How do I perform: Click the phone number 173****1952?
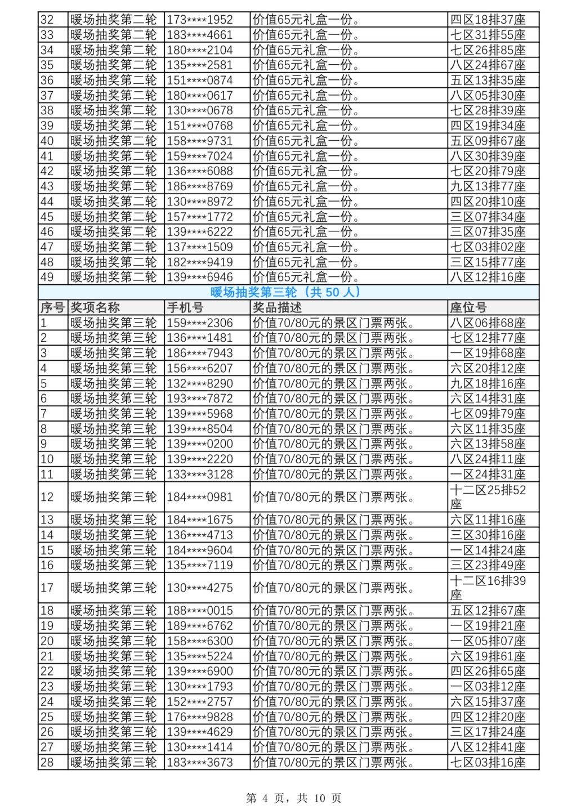pyautogui.click(x=199, y=20)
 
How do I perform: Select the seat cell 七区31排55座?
pyautogui.click(x=488, y=35)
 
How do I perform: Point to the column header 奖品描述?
pyautogui.click(x=277, y=307)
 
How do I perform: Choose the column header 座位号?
pyautogui.click(x=468, y=307)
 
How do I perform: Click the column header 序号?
pyautogui.click(x=52, y=307)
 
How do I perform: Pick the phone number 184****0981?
pyautogui.click(x=199, y=497)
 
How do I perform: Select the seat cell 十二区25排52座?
pyautogui.click(x=488, y=497)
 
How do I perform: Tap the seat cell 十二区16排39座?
pyautogui.click(x=488, y=588)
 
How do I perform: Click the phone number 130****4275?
pyautogui.click(x=199, y=588)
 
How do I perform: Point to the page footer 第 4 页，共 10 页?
pyautogui.click(x=293, y=798)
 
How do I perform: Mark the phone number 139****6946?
pyautogui.click(x=199, y=277)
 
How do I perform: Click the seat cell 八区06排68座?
pyautogui.click(x=488, y=323)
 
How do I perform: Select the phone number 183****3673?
pyautogui.click(x=199, y=762)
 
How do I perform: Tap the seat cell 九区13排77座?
pyautogui.click(x=488, y=186)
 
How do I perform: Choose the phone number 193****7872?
pyautogui.click(x=199, y=399)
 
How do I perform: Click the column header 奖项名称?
pyautogui.click(x=95, y=307)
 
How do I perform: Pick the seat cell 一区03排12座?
pyautogui.click(x=488, y=687)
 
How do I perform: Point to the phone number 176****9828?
pyautogui.click(x=199, y=717)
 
